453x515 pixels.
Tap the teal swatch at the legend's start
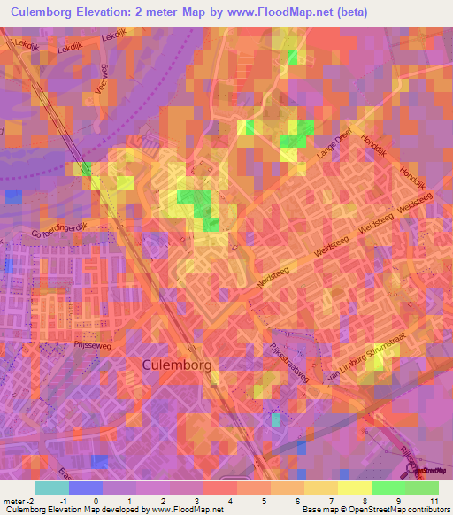click(x=52, y=488)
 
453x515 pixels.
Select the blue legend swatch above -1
click(x=86, y=488)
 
